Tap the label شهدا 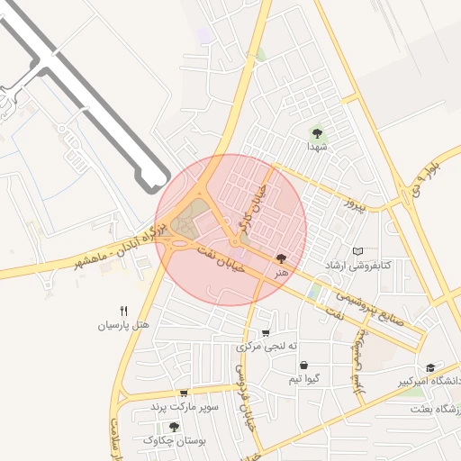click(x=317, y=146)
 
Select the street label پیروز click(x=358, y=206)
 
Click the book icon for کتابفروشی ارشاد click(x=358, y=251)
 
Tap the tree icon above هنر click(x=283, y=258)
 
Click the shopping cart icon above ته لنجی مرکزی click(x=266, y=332)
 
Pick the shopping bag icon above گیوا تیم click(x=303, y=366)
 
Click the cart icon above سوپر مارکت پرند click(x=185, y=393)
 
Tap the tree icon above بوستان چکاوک click(x=174, y=426)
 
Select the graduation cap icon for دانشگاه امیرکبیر click(x=431, y=367)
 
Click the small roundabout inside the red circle click(x=235, y=241)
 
